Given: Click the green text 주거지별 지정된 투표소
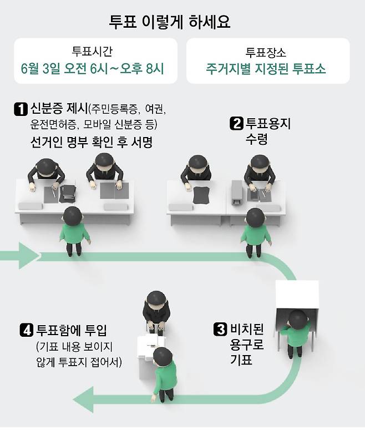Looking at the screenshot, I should [266, 70].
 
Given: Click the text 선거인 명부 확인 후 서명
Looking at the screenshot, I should [92, 143].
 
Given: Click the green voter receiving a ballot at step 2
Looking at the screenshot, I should [256, 232].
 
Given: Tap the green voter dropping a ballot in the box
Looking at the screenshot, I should [164, 377].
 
